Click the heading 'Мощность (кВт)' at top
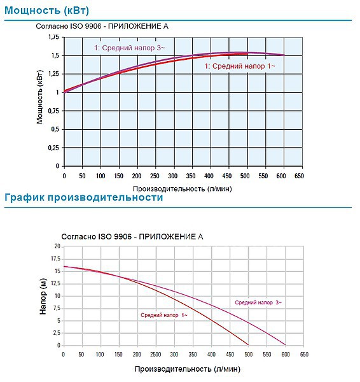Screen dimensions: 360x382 46,10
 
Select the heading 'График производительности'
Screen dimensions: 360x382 84,197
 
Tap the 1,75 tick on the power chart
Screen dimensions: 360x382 53,37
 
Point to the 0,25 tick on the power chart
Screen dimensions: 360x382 53,148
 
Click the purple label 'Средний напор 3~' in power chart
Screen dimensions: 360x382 129,48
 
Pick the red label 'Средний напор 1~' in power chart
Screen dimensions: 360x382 240,66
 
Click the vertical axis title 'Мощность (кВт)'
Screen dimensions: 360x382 39,97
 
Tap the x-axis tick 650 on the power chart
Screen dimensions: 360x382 299,176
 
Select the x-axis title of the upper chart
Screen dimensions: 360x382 183,188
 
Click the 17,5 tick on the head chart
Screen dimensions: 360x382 55,258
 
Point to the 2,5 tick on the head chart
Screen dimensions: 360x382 57,333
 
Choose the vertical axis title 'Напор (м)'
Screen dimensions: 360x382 43,296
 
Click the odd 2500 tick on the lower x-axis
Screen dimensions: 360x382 156,354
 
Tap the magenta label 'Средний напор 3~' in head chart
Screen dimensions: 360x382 258,302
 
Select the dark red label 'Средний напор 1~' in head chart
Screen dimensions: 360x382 164,315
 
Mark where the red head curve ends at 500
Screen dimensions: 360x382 248,344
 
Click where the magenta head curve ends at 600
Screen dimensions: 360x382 286,344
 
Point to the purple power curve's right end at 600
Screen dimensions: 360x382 284,55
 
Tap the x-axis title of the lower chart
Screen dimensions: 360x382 188,369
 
